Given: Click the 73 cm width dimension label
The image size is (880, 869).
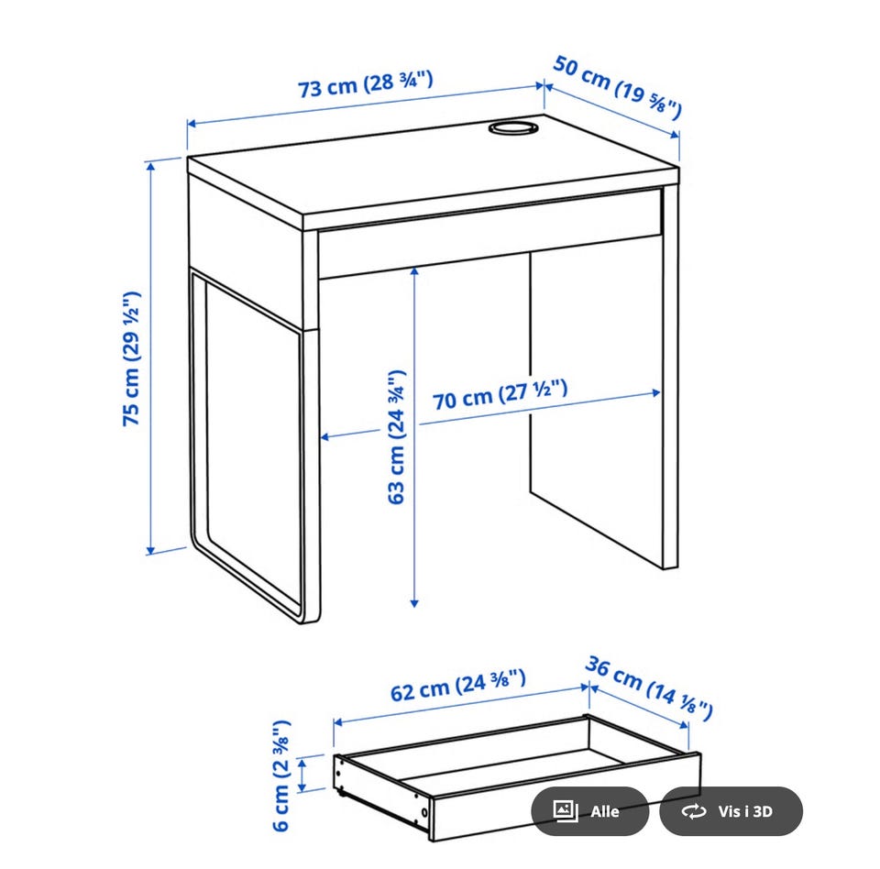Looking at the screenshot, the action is pos(366,84).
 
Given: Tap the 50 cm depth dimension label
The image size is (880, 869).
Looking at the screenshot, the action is pos(617,87).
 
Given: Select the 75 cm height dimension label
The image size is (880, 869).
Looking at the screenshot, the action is pos(132,358).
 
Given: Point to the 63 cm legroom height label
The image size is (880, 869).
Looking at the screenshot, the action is pos(397,436).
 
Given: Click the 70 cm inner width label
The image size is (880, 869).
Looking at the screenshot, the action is pos(500,395).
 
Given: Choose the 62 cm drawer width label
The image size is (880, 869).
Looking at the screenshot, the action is pos(458,686).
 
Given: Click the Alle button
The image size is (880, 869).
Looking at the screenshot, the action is pos(589,811).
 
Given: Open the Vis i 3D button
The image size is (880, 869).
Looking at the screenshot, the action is pos(731,811).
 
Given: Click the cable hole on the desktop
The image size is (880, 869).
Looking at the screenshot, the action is pos(513,127).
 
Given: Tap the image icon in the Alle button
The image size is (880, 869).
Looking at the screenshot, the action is pos(566,811).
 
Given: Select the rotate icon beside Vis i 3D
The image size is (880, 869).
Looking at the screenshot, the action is pos(694,811).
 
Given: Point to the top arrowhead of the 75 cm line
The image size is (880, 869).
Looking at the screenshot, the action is pos(150,166).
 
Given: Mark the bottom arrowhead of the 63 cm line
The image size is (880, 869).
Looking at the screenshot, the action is pos(414,603).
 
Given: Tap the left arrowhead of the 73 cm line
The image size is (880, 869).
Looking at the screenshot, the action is pos(192,124).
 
